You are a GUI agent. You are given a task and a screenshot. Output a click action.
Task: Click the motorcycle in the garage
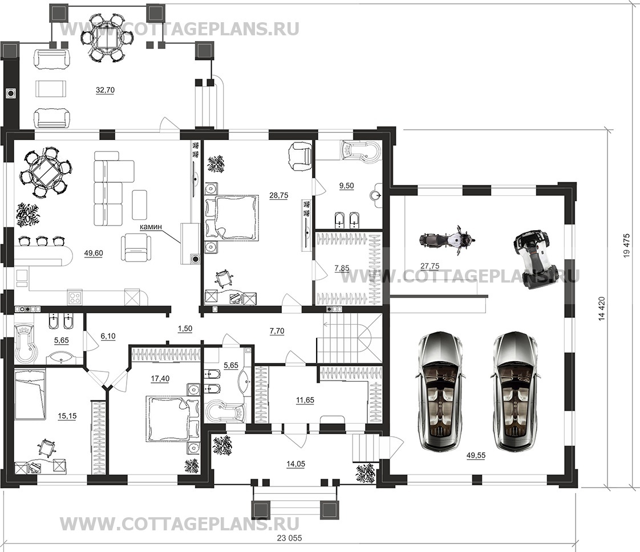click(x=447, y=240)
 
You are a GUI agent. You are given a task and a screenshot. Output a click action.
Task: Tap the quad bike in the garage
click(x=532, y=259)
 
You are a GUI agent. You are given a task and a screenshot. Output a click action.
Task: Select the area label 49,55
click(x=476, y=455)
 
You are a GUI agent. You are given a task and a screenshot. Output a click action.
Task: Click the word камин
click(x=151, y=226)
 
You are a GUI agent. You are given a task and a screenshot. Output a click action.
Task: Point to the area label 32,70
click(x=105, y=90)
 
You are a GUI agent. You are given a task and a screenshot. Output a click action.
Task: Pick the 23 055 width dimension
click(x=289, y=538)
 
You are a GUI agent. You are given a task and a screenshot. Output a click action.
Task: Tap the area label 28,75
click(x=279, y=195)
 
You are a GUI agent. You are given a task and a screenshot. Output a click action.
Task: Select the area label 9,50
click(x=347, y=186)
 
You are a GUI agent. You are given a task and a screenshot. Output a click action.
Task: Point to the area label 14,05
click(x=295, y=464)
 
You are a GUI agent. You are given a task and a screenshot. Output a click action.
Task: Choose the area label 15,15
click(x=67, y=416)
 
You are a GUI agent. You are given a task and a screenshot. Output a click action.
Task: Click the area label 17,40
click(x=160, y=378)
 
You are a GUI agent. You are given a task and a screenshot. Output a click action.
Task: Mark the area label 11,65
click(x=305, y=400)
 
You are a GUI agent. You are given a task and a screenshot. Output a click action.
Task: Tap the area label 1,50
click(x=185, y=328)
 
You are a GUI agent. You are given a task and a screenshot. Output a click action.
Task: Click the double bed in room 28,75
click(x=232, y=217)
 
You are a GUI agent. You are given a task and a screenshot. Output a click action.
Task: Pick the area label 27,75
click(x=430, y=266)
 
